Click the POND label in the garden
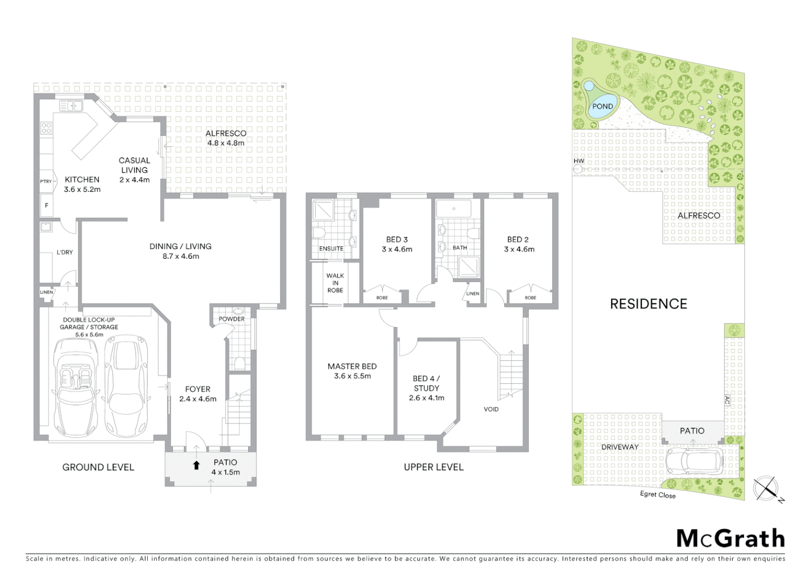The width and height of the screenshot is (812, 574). click(603, 106)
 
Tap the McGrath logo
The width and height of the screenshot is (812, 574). click(730, 538)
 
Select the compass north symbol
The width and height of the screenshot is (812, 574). click(766, 488)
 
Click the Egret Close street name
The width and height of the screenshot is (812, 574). click(658, 495)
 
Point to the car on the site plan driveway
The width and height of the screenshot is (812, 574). click(695, 460)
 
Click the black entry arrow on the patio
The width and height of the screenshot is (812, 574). click(196, 466)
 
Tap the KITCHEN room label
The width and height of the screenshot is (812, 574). click(82, 180)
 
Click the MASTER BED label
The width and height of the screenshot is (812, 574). click(352, 366)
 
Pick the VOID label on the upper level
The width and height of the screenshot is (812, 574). click(491, 409)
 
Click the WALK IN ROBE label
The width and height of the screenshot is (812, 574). click(335, 283)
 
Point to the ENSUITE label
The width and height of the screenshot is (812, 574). click(331, 249)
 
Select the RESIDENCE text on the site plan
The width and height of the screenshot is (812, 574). click(648, 304)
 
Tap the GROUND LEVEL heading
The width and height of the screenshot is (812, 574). click(98, 467)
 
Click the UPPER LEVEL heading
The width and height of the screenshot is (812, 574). click(434, 467)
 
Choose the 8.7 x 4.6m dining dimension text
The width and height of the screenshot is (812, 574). click(181, 256)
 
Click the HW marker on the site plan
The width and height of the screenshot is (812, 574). click(578, 161)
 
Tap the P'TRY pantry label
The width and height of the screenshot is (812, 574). click(46, 182)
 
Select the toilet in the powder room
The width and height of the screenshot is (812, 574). click(239, 363)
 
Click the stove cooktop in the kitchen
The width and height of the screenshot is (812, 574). click(47, 128)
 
